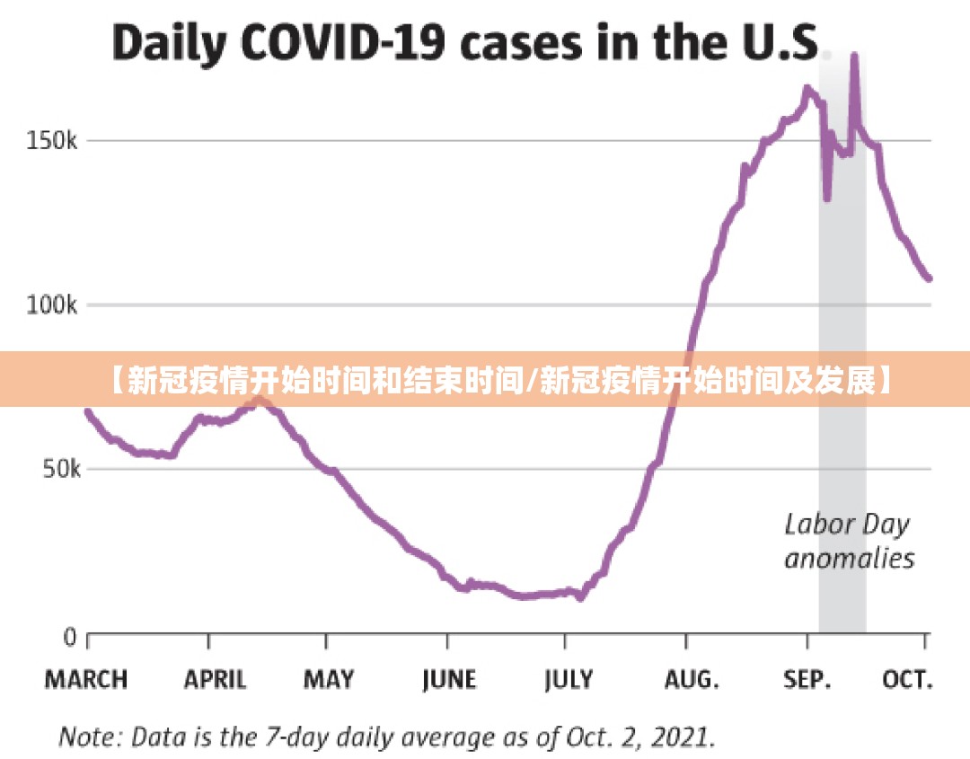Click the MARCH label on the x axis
point(86,679)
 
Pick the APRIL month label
point(215,679)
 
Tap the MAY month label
point(328,679)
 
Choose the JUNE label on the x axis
point(449,679)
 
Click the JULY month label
point(569,679)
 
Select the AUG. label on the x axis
point(692,679)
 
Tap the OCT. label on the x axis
point(908,679)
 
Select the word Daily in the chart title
point(166,43)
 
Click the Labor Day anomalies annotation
point(849,541)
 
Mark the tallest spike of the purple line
point(854,56)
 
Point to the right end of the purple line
point(929,278)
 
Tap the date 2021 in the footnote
point(681,738)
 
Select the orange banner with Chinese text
point(485,380)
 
